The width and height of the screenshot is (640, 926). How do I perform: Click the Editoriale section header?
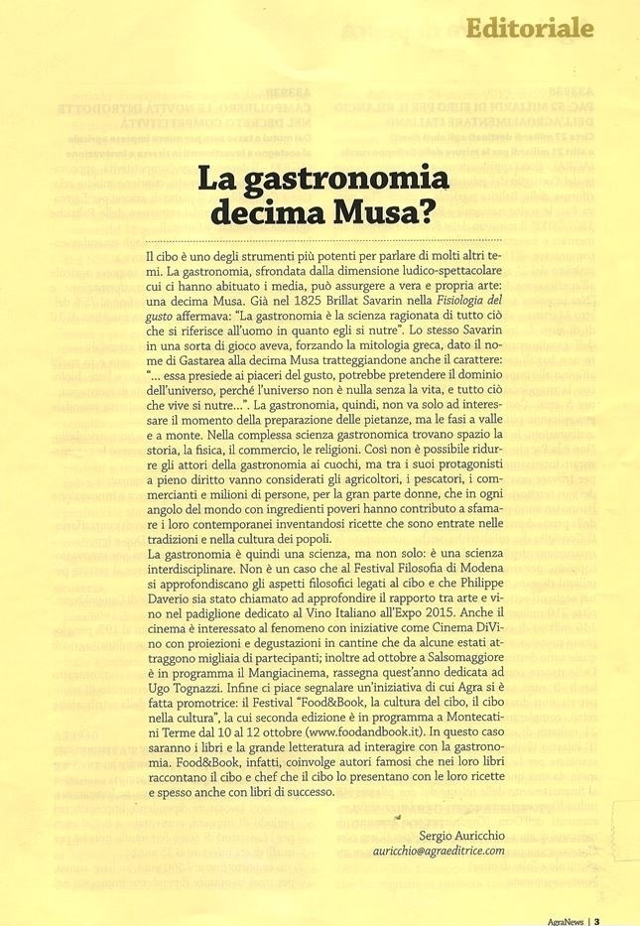tap(530, 27)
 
